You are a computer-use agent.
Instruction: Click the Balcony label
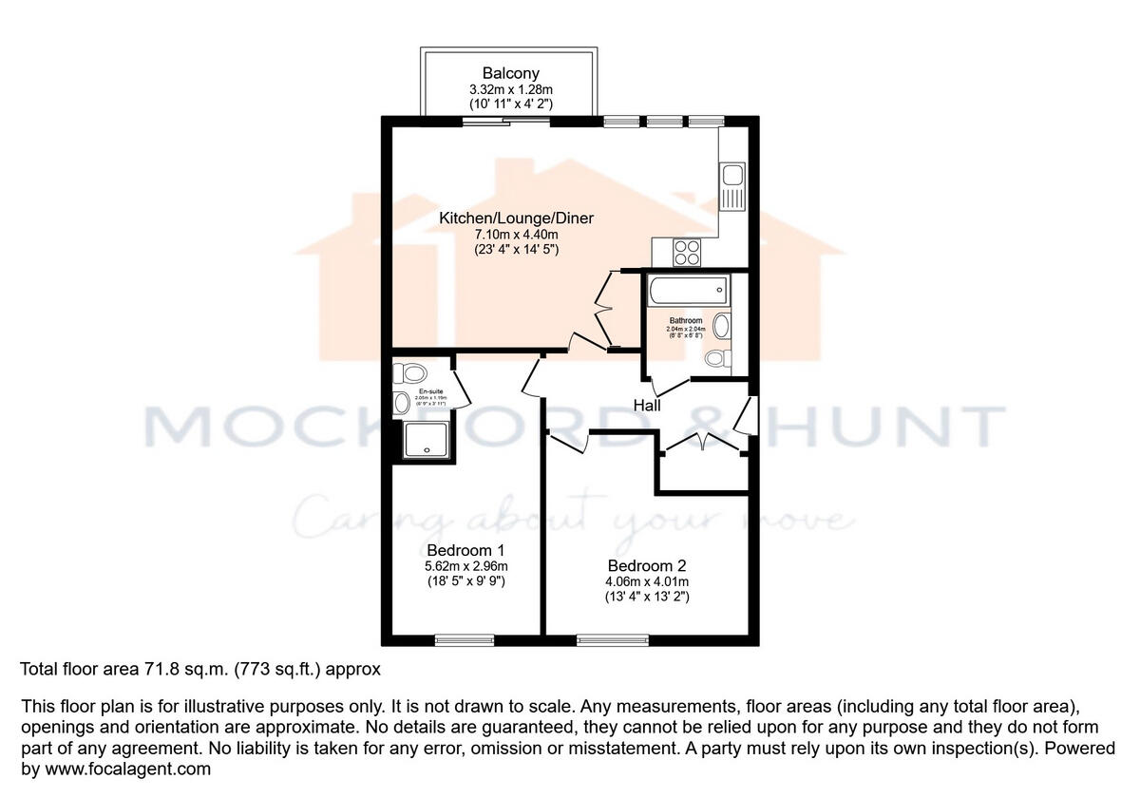[510, 73]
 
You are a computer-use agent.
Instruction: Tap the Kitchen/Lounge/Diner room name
[516, 218]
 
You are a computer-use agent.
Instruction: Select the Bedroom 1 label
[465, 550]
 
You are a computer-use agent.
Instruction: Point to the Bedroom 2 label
[646, 566]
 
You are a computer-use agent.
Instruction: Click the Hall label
[647, 406]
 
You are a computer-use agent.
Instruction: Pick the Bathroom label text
[685, 321]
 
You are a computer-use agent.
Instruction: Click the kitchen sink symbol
[733, 184]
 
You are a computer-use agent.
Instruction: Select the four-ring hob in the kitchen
[686, 253]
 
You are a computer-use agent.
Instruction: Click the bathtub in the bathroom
[688, 289]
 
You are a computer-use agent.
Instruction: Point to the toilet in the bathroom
[718, 358]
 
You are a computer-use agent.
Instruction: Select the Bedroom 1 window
[465, 640]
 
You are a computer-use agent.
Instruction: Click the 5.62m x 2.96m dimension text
[465, 567]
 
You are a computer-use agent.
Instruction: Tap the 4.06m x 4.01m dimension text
[646, 582]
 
